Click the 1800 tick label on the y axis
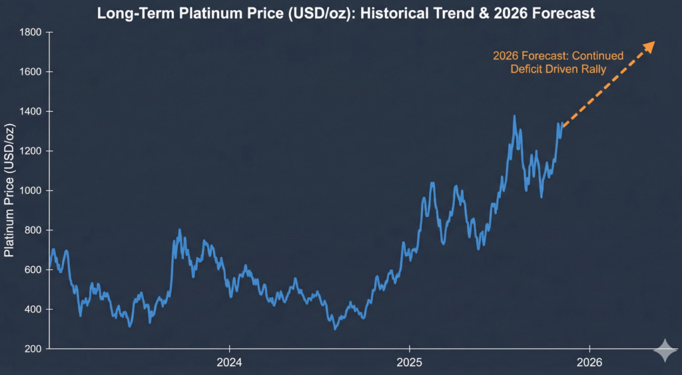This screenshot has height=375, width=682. click(x=31, y=33)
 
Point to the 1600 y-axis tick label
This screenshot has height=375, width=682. click(x=31, y=72)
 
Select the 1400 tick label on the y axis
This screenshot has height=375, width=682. click(x=31, y=111)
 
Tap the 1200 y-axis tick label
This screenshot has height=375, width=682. click(x=31, y=151)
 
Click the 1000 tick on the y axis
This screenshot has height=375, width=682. click(x=31, y=190)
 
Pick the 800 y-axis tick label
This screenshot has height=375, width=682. click(x=33, y=230)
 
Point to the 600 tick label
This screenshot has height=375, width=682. click(x=33, y=270)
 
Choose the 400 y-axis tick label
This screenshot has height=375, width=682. click(x=33, y=310)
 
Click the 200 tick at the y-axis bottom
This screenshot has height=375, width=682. click(x=33, y=349)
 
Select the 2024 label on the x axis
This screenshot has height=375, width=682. click(x=229, y=362)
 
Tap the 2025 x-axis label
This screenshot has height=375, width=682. click(x=409, y=362)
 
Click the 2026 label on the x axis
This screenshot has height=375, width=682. click(x=589, y=362)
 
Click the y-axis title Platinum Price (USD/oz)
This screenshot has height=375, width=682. click(x=9, y=190)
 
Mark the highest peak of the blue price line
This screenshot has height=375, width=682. click(x=514, y=117)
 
